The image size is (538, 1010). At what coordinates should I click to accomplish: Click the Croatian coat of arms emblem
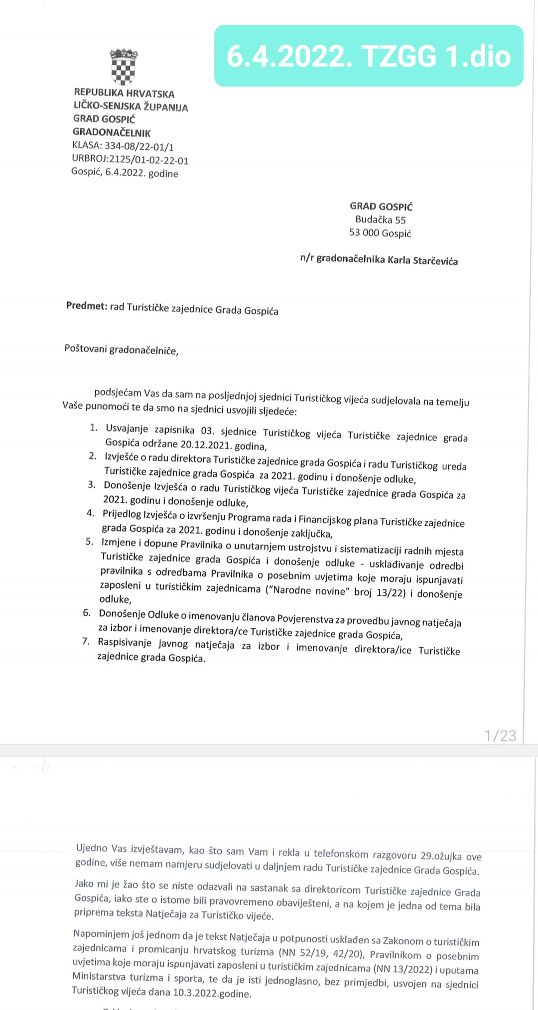tap(124, 67)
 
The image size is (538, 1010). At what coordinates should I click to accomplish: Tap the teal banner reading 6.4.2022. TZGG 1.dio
tap(369, 56)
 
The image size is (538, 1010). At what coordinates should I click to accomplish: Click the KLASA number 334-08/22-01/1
tap(139, 146)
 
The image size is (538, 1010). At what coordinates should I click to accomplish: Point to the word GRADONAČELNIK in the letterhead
tap(112, 132)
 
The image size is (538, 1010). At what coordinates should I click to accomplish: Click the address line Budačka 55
tap(381, 220)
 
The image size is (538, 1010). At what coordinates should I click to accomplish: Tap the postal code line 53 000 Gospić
tap(380, 232)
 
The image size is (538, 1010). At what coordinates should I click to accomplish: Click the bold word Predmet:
tap(87, 306)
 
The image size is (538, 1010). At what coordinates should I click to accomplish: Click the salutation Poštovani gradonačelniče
tap(121, 349)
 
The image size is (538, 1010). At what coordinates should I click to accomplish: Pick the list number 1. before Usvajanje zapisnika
tap(94, 428)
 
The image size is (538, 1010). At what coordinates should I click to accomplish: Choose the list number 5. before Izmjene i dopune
tap(90, 542)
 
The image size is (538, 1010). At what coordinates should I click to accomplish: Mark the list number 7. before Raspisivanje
tap(86, 641)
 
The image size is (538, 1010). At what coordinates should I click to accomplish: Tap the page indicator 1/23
tap(500, 736)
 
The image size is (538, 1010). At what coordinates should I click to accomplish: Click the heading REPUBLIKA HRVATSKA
tap(124, 94)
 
